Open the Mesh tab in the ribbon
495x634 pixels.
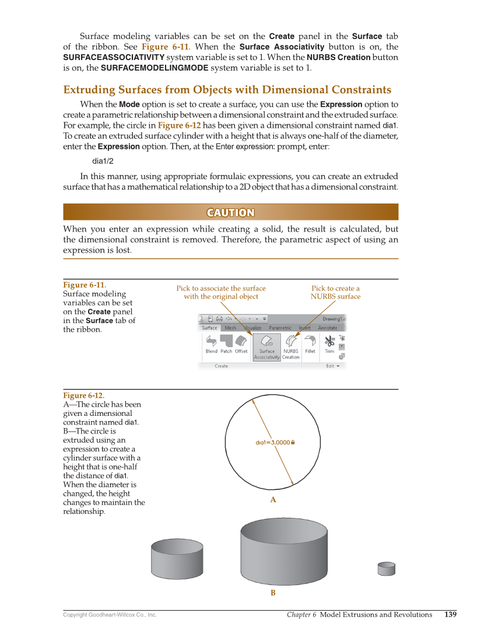click(x=230, y=328)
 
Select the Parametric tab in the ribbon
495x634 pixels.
click(x=280, y=328)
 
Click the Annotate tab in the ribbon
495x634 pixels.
click(x=327, y=328)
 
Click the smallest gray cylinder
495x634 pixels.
click(x=386, y=569)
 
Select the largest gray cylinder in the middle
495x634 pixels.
click(x=283, y=551)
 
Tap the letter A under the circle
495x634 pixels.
click(x=272, y=500)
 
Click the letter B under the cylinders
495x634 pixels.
click(x=272, y=593)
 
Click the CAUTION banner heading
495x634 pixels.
click(x=230, y=212)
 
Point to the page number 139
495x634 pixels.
click(x=450, y=614)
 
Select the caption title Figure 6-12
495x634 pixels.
click(x=83, y=395)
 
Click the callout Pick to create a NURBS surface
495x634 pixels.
click(x=335, y=292)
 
